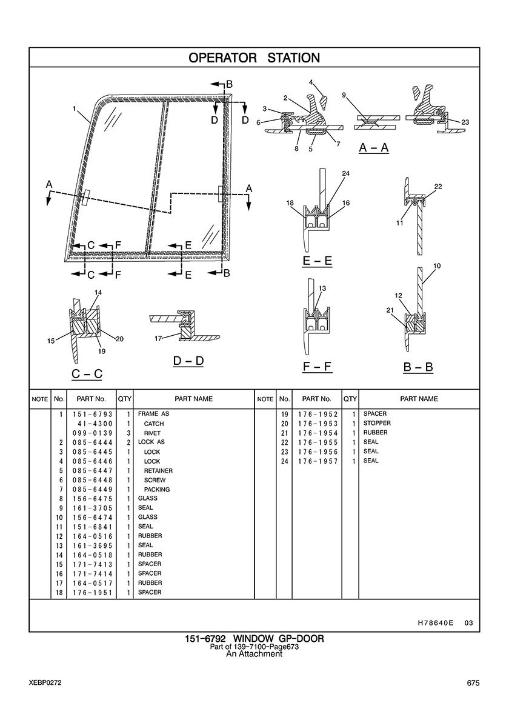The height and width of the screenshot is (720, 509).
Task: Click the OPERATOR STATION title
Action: click(254, 58)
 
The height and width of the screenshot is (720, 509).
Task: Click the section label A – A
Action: click(373, 147)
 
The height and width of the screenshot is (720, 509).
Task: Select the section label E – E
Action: click(317, 261)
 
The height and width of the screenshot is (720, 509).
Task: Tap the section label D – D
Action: click(188, 361)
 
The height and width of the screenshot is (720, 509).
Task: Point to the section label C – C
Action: click(87, 374)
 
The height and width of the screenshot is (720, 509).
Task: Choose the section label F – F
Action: click(317, 367)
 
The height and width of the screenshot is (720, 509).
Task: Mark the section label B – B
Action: click(418, 367)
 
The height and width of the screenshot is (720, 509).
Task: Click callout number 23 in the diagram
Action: click(465, 122)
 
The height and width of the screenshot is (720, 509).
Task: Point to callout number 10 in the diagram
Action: click(437, 266)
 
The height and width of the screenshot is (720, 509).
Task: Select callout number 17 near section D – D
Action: click(158, 338)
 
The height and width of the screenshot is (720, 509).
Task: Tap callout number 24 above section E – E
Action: click(345, 174)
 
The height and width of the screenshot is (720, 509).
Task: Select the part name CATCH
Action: click(154, 424)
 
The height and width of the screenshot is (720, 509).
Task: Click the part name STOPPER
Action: click(377, 423)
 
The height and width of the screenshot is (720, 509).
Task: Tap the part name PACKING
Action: click(156, 489)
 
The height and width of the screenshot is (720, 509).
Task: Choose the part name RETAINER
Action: click(158, 471)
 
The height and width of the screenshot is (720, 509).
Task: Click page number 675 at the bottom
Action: click(473, 683)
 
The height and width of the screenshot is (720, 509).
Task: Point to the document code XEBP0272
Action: click(44, 683)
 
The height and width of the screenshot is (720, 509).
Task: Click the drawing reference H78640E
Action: click(436, 622)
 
